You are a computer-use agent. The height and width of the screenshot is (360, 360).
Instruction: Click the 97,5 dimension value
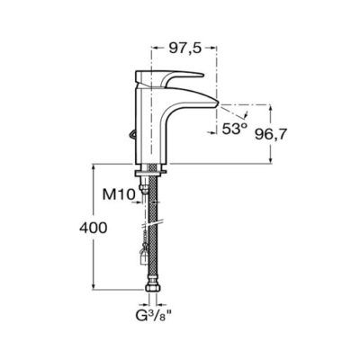pos(184,48)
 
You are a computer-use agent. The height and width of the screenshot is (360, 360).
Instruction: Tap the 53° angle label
pos(235,129)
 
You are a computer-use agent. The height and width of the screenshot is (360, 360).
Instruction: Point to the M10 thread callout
pos(119,195)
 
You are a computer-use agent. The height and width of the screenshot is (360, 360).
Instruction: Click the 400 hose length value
pos(93,228)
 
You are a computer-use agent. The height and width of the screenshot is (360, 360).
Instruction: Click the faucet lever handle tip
pos(203,74)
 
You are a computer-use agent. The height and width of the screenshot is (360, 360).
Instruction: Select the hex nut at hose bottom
pos(153,287)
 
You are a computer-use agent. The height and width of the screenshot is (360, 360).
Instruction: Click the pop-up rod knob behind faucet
pos(131,134)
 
